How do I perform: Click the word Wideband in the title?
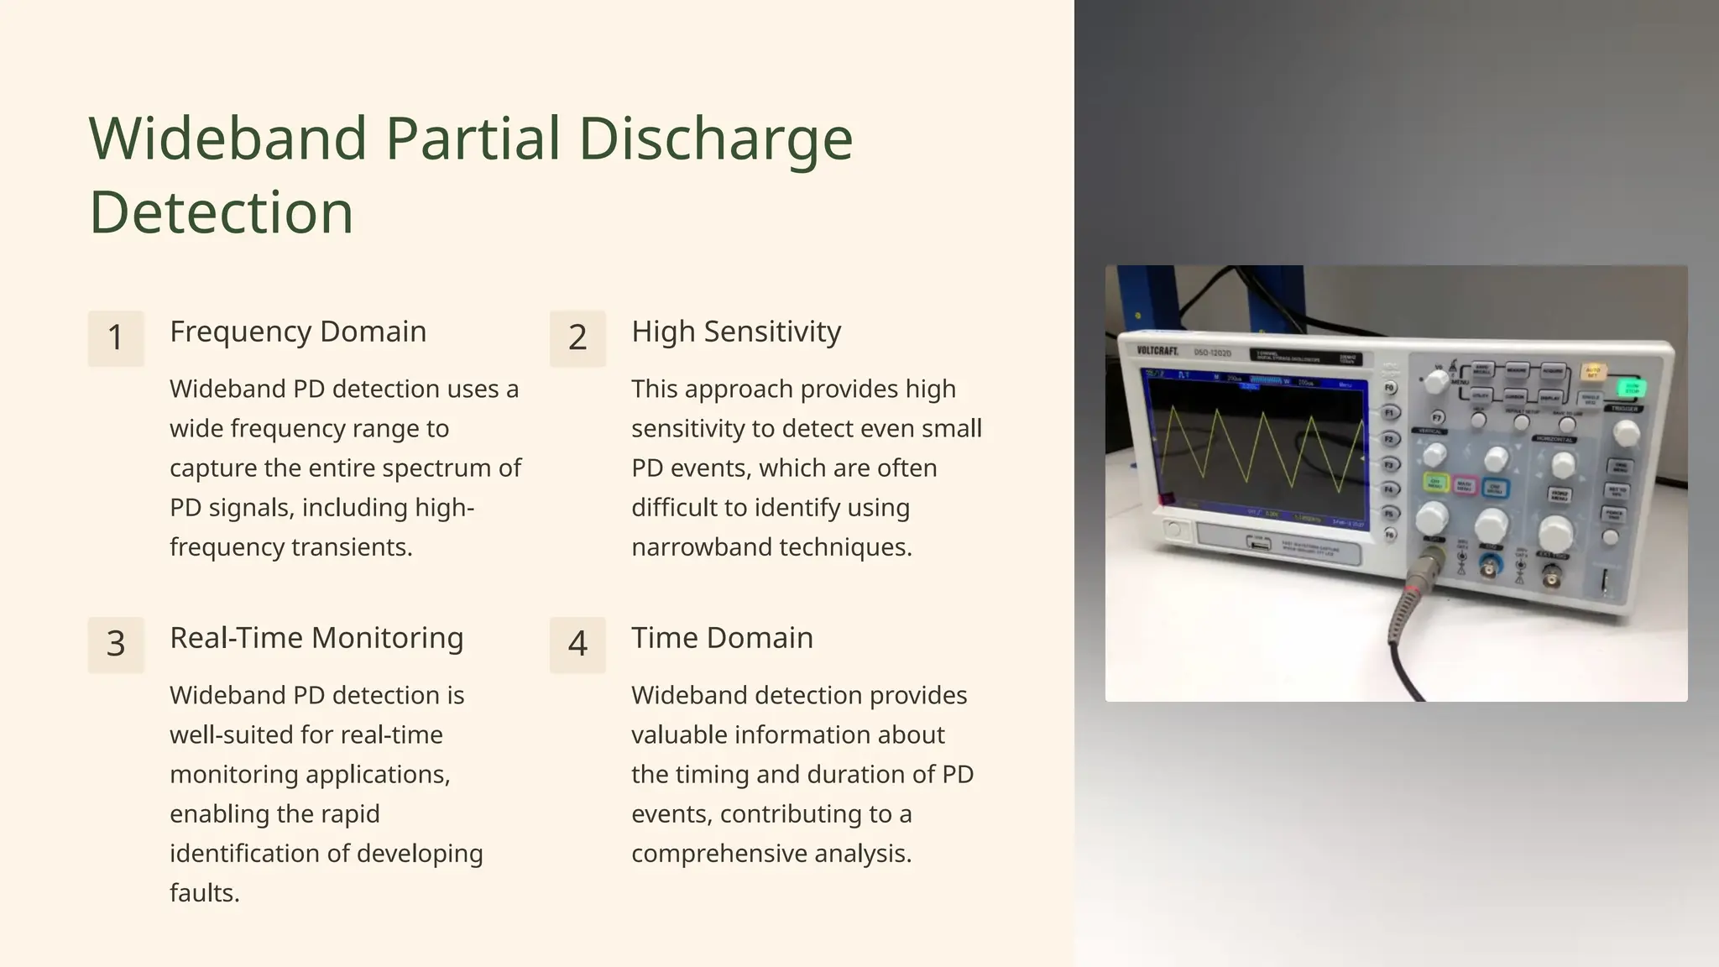tap(227, 139)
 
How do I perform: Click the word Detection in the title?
tap(221, 212)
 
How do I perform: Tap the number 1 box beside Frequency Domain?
tap(116, 338)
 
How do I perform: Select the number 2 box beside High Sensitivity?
tap(577, 338)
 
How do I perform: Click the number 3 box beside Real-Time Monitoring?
tap(116, 645)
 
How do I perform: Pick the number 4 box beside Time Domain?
tap(577, 645)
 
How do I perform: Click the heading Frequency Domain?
tap(298, 332)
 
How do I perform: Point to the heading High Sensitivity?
tap(736, 332)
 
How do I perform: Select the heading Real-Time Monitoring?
tap(316, 638)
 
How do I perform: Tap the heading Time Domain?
tap(722, 638)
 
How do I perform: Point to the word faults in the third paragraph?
tap(204, 893)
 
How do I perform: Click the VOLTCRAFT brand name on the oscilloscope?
tap(1157, 351)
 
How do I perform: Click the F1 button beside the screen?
tap(1389, 413)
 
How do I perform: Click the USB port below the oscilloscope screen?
tap(1259, 544)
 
